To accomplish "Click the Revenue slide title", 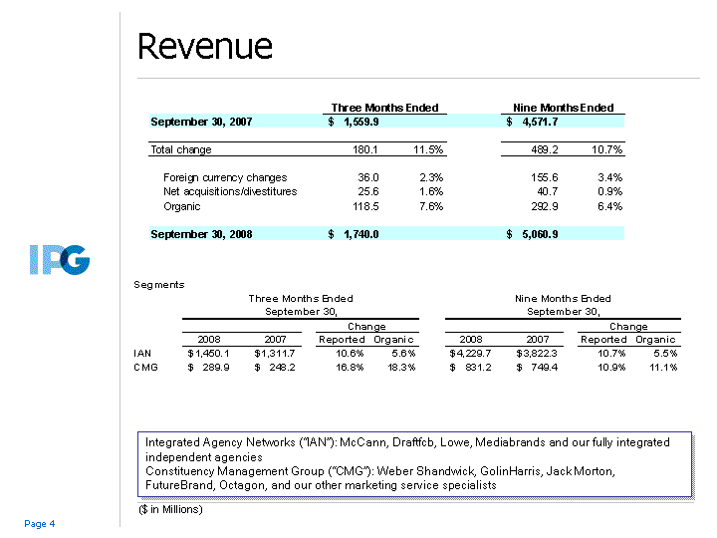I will [204, 46].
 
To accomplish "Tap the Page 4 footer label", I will [40, 524].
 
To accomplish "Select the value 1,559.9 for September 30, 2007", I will [360, 122].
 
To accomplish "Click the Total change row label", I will [180, 149].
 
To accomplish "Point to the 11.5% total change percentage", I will [427, 149].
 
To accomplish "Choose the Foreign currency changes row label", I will [224, 177].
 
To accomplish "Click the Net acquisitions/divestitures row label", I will [229, 191].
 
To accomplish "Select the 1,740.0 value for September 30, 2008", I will [360, 234].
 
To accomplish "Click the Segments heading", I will [159, 284].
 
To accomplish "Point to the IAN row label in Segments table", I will [143, 353].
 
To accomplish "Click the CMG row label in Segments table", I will [145, 367].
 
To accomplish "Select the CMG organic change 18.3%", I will [398, 367].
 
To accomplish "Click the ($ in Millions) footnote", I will [171, 510].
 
